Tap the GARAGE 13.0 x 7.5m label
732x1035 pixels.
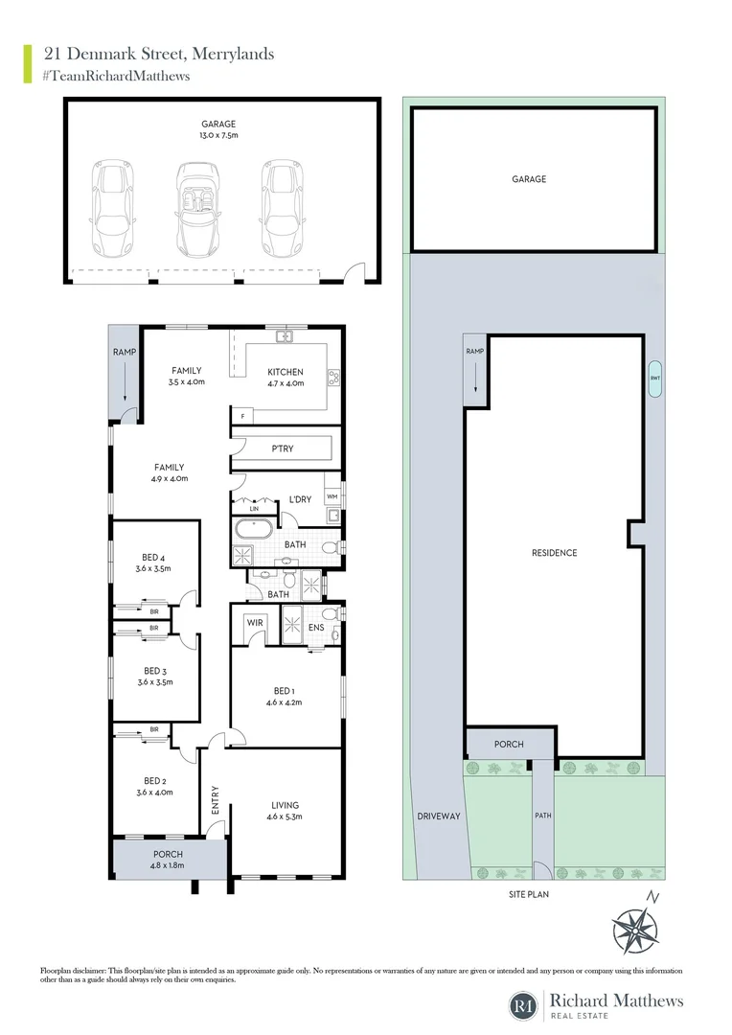[218, 129]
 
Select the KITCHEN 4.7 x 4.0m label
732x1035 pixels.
[286, 378]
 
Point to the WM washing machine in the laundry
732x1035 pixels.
[332, 496]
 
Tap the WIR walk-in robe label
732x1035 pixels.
[255, 624]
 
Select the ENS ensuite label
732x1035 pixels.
[315, 629]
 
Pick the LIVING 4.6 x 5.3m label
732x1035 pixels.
[286, 811]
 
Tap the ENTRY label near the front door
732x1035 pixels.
[216, 802]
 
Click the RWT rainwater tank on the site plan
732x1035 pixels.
[654, 378]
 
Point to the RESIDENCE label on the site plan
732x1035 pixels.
[555, 553]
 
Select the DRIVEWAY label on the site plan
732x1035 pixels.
[439, 816]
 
